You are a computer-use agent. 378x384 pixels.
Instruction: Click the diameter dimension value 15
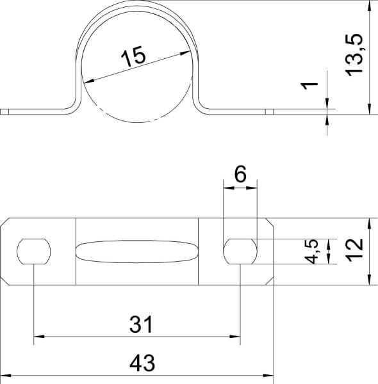click(x=133, y=56)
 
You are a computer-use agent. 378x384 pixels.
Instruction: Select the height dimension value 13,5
click(x=354, y=55)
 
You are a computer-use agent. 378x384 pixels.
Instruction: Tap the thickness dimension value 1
click(x=309, y=86)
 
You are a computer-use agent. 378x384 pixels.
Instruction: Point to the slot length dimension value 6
click(x=240, y=174)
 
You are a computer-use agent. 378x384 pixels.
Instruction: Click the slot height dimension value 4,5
click(x=311, y=252)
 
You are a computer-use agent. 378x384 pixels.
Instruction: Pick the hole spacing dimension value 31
click(x=141, y=324)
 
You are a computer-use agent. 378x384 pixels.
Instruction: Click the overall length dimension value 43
click(x=142, y=362)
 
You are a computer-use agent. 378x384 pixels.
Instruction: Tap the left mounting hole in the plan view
click(x=34, y=252)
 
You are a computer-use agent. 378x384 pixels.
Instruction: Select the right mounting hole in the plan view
click(x=240, y=252)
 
